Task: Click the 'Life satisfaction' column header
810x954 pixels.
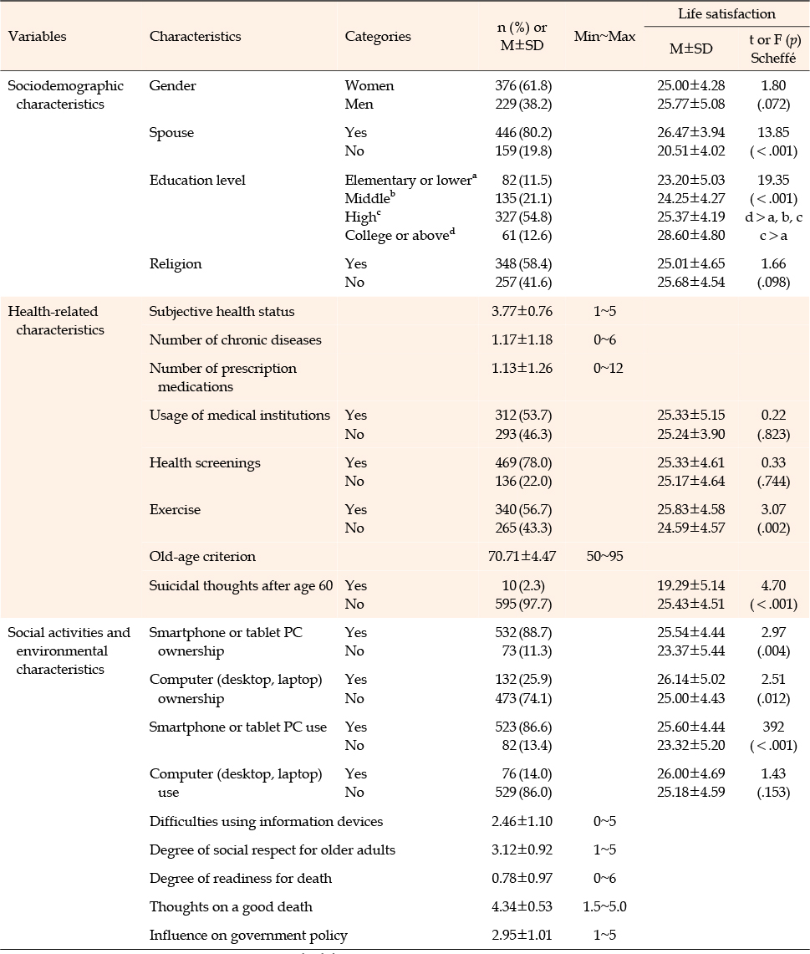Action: [726, 14]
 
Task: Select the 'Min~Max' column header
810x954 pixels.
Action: [604, 37]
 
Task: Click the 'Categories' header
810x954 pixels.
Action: [378, 37]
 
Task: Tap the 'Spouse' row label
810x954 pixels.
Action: [171, 133]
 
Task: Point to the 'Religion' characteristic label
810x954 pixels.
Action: [176, 264]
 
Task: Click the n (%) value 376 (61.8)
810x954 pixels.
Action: [523, 86]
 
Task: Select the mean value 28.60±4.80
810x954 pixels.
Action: [690, 236]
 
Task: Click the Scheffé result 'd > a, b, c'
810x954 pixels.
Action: [773, 217]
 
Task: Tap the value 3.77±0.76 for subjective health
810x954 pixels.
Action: [522, 312]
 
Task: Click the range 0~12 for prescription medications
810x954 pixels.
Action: [608, 368]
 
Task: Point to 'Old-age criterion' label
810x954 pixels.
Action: [202, 557]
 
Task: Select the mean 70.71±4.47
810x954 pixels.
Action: [522, 556]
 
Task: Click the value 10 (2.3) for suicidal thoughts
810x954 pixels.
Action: [523, 586]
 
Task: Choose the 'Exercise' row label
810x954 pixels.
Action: [176, 510]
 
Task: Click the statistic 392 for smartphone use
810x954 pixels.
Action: [773, 727]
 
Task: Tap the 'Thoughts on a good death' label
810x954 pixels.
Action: [231, 907]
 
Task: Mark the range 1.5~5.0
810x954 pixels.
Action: [604, 906]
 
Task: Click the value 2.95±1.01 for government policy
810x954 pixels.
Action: [522, 935]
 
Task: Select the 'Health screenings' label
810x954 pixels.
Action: [205, 463]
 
